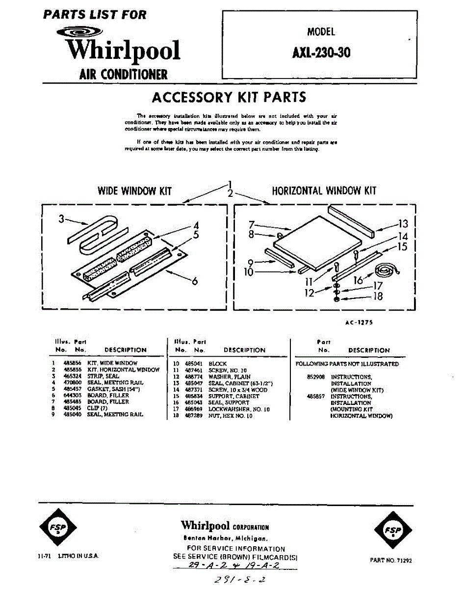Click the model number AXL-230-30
pyautogui.click(x=321, y=52)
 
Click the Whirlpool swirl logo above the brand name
pyautogui.click(x=79, y=33)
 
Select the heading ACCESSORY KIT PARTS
pyautogui.click(x=229, y=97)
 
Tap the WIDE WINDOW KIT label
pyautogui.click(x=135, y=191)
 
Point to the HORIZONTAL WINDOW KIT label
pyautogui.click(x=324, y=190)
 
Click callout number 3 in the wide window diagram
pyautogui.click(x=61, y=219)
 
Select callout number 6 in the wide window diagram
pyautogui.click(x=195, y=281)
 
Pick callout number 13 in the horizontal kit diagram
pyautogui.click(x=403, y=224)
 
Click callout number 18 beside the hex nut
pyautogui.click(x=378, y=296)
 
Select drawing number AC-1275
pyautogui.click(x=360, y=322)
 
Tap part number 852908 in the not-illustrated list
pyautogui.click(x=315, y=377)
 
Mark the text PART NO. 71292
pyautogui.click(x=391, y=560)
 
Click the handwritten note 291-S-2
pyautogui.click(x=238, y=580)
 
